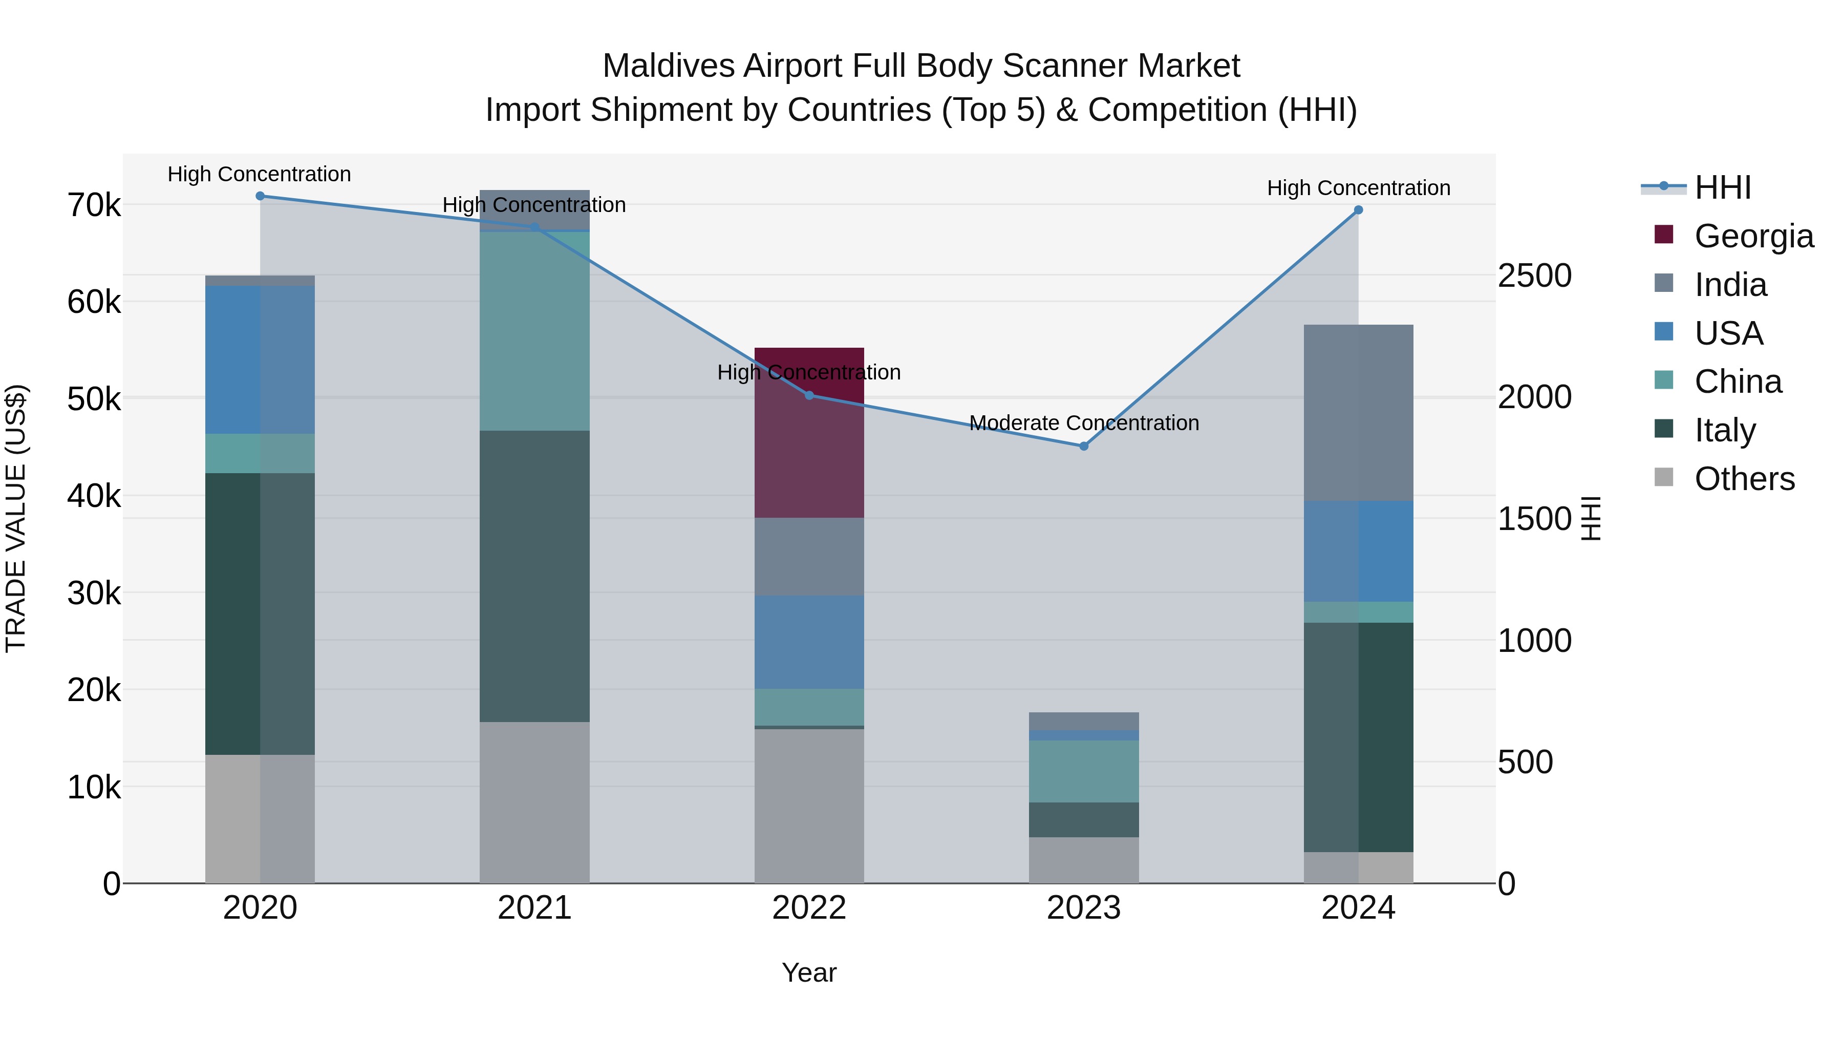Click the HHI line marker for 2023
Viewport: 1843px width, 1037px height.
click(x=1083, y=446)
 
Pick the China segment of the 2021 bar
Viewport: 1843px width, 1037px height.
click(x=534, y=331)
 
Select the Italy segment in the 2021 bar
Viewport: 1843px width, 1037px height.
click(x=534, y=576)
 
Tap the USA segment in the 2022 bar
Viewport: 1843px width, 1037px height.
click(x=809, y=642)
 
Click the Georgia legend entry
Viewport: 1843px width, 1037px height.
click(x=1753, y=236)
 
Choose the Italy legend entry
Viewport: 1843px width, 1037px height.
click(x=1724, y=430)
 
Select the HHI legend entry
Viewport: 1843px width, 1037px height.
click(x=1722, y=187)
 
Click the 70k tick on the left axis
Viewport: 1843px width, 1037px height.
click(x=94, y=205)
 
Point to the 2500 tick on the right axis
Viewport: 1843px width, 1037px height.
click(x=1535, y=276)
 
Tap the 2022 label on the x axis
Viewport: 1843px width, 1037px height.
click(x=809, y=908)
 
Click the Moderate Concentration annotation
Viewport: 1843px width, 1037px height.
click(x=1083, y=423)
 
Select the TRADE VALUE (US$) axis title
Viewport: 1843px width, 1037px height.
click(x=16, y=518)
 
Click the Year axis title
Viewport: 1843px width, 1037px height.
click(x=809, y=972)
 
